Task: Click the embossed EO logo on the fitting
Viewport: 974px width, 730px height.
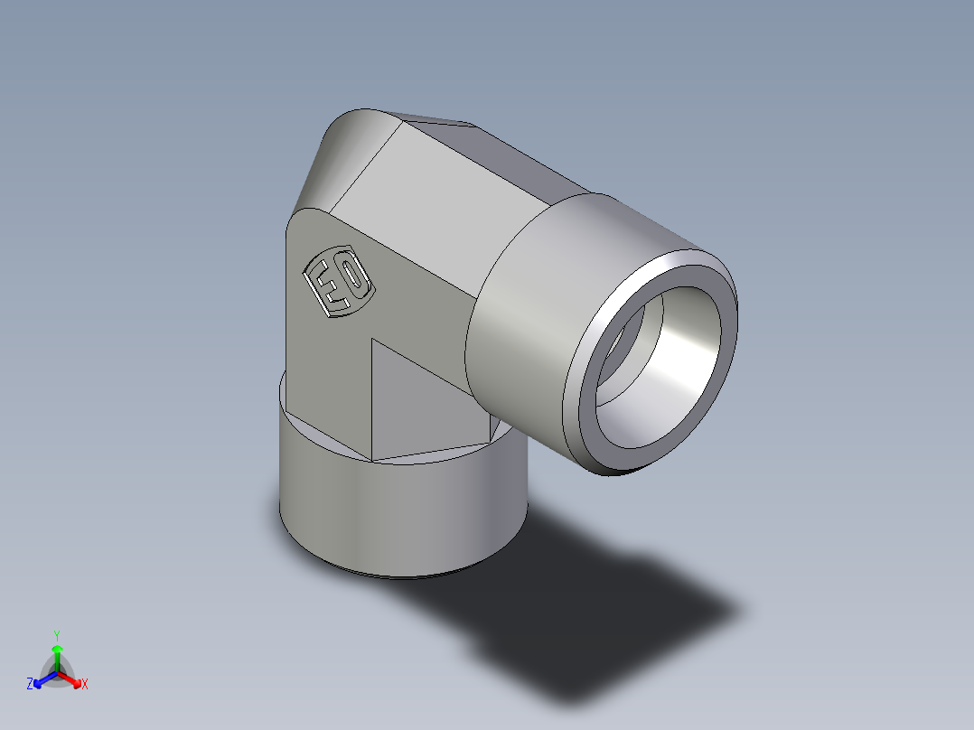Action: point(339,283)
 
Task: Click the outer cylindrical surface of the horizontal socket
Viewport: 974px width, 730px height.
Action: point(533,298)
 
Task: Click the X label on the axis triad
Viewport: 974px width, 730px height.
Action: point(85,685)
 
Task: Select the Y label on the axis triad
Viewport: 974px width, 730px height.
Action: point(56,634)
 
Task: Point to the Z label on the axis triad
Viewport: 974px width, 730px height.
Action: point(30,685)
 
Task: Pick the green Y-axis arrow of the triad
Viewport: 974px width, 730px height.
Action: point(57,654)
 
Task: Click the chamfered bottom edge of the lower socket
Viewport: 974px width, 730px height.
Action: point(398,573)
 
